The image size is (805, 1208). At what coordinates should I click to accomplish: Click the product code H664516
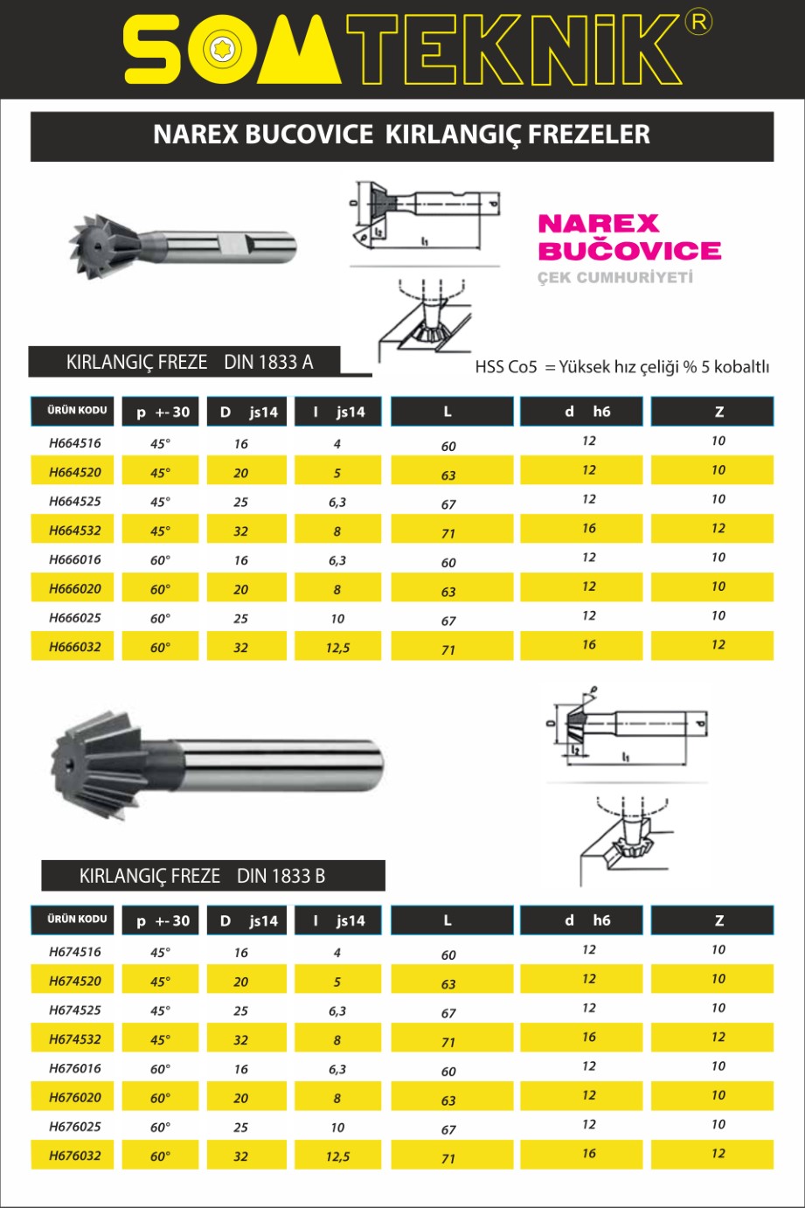tap(75, 443)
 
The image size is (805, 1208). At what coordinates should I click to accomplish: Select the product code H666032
tap(75, 648)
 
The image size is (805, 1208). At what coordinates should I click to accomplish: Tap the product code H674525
tap(75, 1010)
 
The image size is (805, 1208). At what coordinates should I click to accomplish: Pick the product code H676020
tap(75, 1098)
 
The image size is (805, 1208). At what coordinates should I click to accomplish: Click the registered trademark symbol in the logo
tap(698, 23)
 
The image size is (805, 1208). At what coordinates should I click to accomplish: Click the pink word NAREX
tap(598, 224)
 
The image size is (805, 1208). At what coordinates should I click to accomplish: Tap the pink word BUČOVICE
tap(629, 251)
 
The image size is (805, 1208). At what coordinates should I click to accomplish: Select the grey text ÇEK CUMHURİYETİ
tap(614, 278)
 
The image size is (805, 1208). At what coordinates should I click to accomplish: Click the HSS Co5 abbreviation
tap(506, 367)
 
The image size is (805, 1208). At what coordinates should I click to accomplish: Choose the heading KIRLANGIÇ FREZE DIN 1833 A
tap(189, 362)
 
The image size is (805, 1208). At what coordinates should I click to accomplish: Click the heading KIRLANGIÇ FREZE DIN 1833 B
tap(202, 876)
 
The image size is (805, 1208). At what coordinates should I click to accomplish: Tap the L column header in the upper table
tap(448, 412)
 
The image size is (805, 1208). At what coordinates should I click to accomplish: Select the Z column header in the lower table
tap(718, 920)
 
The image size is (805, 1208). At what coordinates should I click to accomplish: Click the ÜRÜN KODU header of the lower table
tap(77, 920)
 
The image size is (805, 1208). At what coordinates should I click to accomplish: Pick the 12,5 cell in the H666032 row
tap(337, 648)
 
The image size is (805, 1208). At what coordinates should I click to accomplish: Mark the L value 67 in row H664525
tap(448, 504)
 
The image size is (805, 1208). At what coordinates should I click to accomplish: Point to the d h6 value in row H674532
tap(589, 1038)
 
